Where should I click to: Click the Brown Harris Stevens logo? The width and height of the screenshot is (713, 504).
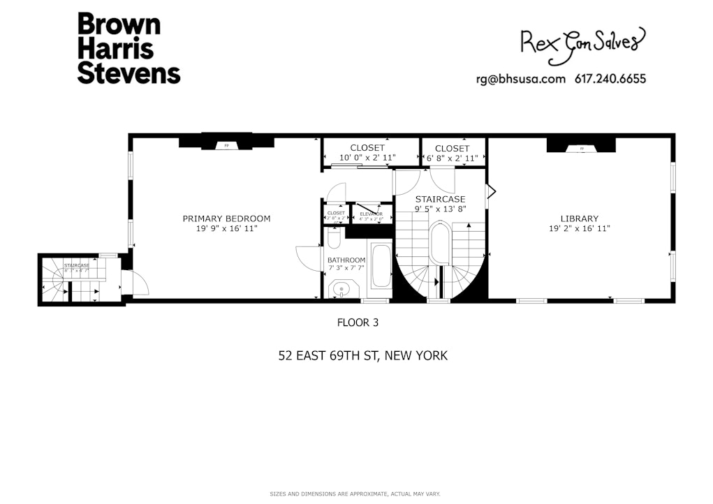click(128, 48)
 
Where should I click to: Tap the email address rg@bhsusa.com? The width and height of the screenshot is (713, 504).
click(520, 79)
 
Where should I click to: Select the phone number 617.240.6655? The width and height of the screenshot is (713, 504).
click(611, 79)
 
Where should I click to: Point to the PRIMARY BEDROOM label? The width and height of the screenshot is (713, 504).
click(226, 218)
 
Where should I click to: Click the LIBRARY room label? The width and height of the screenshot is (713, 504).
click(580, 218)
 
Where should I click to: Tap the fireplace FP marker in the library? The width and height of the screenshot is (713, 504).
click(580, 148)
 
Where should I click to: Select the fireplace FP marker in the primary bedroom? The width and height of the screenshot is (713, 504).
click(226, 146)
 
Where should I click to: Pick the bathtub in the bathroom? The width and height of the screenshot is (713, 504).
click(381, 265)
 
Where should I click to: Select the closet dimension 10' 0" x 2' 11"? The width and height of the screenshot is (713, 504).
click(367, 158)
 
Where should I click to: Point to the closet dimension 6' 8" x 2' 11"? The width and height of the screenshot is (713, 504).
click(453, 158)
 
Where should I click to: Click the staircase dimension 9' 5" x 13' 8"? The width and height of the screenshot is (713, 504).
click(440, 208)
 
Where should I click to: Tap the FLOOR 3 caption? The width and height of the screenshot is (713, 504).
click(358, 323)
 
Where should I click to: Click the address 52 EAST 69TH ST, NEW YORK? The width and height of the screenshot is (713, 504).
click(362, 356)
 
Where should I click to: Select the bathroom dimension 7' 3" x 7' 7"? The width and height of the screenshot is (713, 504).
click(346, 267)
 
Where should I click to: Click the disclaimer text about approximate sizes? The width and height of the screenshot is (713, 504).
click(355, 494)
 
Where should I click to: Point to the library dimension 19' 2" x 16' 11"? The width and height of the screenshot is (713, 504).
click(580, 228)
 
